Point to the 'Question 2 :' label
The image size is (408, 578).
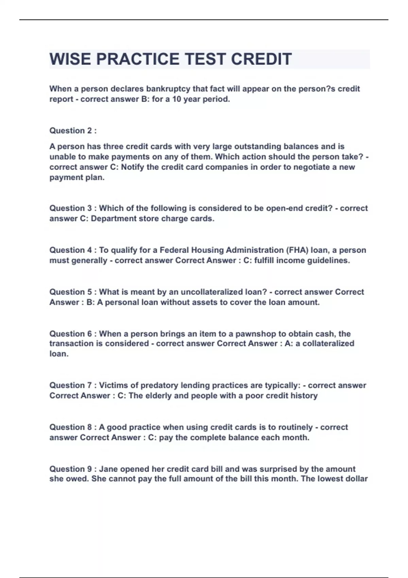pyautogui.click(x=73, y=131)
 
